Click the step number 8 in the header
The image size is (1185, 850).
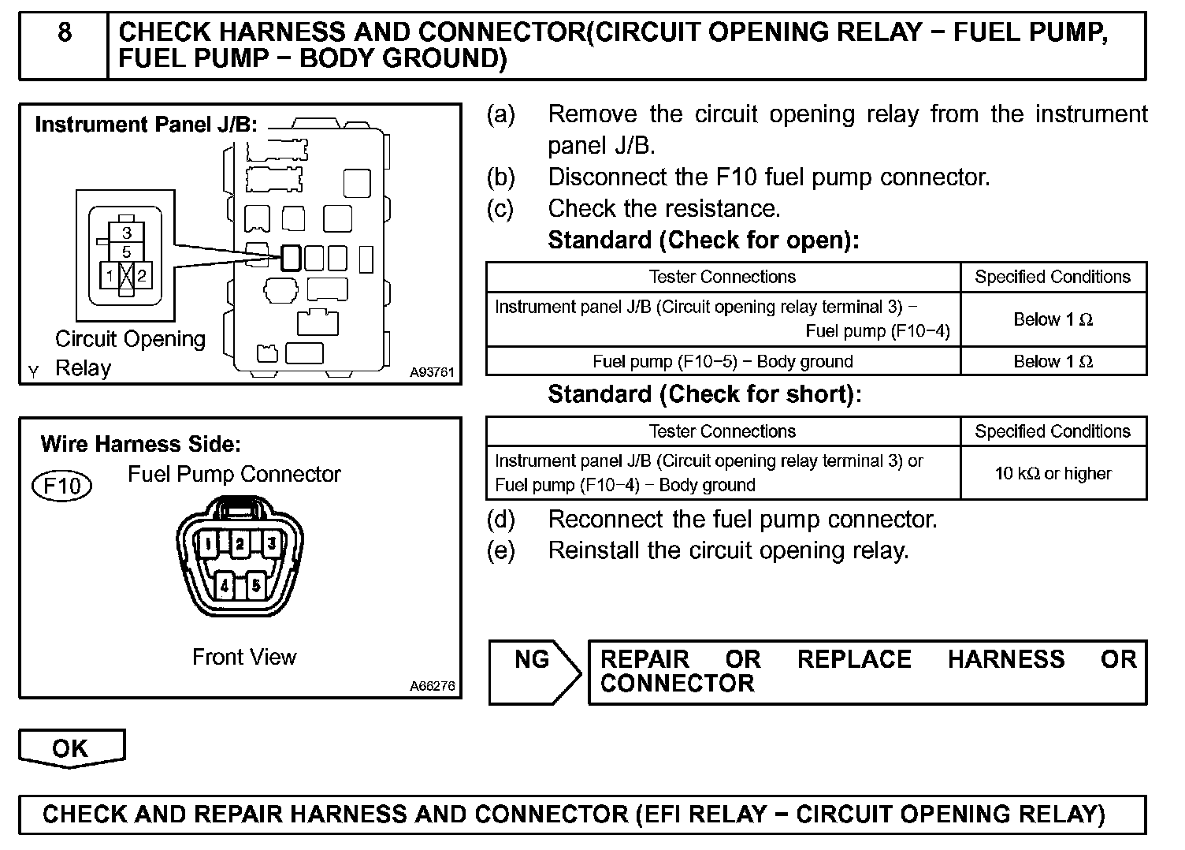[64, 33]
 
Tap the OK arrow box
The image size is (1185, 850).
[71, 747]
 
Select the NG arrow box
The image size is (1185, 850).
[533, 671]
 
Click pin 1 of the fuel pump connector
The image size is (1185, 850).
[207, 543]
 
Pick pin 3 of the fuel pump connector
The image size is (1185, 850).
[271, 543]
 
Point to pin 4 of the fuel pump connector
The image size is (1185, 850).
[225, 586]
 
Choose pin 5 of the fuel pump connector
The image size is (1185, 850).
[255, 586]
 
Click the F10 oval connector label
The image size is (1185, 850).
[61, 486]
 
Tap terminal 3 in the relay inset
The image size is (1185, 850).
[127, 233]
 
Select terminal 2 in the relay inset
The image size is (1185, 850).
[142, 276]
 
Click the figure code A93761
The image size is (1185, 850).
[431, 372]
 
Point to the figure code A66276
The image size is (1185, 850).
[431, 686]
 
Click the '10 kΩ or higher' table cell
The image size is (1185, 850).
[1053, 473]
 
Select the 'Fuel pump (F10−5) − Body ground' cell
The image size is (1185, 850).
[723, 361]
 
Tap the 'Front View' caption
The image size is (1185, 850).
[244, 657]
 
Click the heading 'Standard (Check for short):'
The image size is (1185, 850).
[704, 393]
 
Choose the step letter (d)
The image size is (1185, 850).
[501, 520]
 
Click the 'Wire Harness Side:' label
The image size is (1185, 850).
[140, 444]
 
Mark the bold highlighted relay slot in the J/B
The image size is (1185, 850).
[291, 257]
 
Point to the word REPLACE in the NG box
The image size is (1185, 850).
[854, 659]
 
